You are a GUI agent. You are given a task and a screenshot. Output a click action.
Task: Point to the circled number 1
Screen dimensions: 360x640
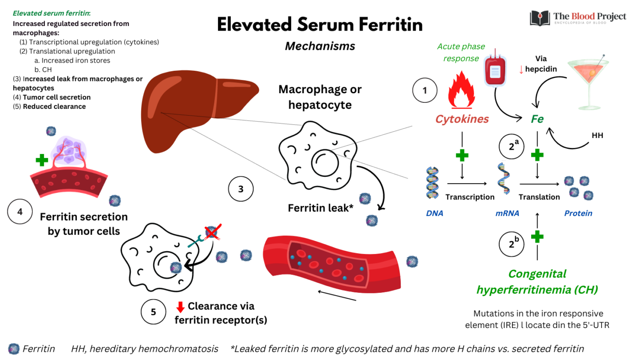[x=425, y=90]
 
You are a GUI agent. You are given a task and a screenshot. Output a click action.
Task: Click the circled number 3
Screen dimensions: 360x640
[x=241, y=189]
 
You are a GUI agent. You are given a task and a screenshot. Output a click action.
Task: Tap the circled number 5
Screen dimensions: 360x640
[x=154, y=312]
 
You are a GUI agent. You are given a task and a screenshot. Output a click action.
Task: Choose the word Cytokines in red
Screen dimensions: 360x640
[x=462, y=119]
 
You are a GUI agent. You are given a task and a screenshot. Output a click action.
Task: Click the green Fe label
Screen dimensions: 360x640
[x=537, y=119]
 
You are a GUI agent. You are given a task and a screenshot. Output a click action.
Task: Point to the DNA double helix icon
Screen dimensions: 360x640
[x=432, y=183]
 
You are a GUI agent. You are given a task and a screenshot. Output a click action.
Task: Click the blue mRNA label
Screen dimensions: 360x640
[x=507, y=213]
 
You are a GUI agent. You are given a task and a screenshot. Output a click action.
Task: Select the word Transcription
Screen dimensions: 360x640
[x=470, y=197]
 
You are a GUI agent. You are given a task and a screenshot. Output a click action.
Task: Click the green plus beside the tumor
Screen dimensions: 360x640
[x=42, y=160]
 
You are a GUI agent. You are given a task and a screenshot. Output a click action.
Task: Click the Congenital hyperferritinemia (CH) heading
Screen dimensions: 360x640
[x=537, y=281]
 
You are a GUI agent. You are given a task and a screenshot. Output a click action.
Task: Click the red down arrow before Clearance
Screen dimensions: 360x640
[x=180, y=307]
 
